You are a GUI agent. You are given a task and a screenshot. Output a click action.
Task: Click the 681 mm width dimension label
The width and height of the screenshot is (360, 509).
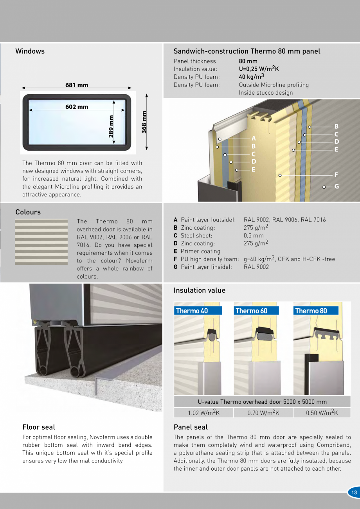(x=77, y=85)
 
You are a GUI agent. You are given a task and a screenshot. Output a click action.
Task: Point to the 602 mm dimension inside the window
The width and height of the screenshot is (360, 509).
(x=77, y=107)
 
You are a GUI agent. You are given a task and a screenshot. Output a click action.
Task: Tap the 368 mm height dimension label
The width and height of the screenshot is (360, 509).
(x=144, y=122)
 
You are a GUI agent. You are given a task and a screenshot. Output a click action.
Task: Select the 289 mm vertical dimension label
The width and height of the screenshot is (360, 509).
(x=111, y=126)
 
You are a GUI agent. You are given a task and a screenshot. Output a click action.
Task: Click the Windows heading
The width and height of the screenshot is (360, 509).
(x=30, y=51)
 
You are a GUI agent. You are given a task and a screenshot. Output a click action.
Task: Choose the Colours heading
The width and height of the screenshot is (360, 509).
(x=28, y=212)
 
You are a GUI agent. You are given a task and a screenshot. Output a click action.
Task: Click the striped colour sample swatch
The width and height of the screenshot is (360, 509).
(x=41, y=242)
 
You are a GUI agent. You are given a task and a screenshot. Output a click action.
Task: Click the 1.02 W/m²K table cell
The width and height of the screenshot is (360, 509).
(x=203, y=413)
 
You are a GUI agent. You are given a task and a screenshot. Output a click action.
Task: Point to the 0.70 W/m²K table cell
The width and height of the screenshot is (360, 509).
(x=263, y=413)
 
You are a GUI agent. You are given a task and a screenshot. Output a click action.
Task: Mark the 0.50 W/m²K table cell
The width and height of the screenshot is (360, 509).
(x=322, y=413)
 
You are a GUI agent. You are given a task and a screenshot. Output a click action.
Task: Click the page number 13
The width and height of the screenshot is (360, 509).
(x=354, y=492)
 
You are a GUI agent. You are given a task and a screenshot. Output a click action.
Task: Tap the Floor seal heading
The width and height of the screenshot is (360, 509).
(x=39, y=427)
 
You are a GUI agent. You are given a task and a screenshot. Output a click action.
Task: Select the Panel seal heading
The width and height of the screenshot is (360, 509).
(x=191, y=427)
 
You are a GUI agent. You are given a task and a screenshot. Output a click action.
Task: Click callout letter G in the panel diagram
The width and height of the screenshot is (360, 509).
(x=337, y=187)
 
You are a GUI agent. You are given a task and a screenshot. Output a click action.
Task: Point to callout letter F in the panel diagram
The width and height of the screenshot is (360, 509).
(x=336, y=175)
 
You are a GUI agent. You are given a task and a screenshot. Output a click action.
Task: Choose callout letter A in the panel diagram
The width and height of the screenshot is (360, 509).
(x=254, y=138)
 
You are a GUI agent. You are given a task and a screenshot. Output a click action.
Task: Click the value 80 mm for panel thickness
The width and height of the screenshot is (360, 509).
(x=248, y=61)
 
